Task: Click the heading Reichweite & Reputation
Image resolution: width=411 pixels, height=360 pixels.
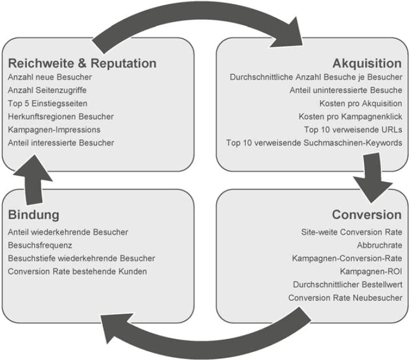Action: point(82,62)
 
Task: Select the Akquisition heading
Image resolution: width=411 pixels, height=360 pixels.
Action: point(367,62)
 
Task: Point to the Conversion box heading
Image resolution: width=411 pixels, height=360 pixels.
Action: point(366,215)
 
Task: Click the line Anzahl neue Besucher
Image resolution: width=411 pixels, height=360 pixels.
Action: point(50,77)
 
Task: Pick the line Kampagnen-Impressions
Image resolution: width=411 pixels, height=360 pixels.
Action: point(54,129)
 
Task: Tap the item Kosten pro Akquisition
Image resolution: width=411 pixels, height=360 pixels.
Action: point(361,103)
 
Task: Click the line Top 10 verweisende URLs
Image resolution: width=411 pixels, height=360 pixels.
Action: point(353,129)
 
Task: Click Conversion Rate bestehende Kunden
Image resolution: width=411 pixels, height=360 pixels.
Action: point(77,271)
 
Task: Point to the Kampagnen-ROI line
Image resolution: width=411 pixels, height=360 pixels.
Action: point(371,271)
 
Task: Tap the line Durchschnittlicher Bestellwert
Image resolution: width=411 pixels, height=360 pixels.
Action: point(347,284)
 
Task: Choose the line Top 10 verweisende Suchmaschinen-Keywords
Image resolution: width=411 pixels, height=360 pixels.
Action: point(314,143)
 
